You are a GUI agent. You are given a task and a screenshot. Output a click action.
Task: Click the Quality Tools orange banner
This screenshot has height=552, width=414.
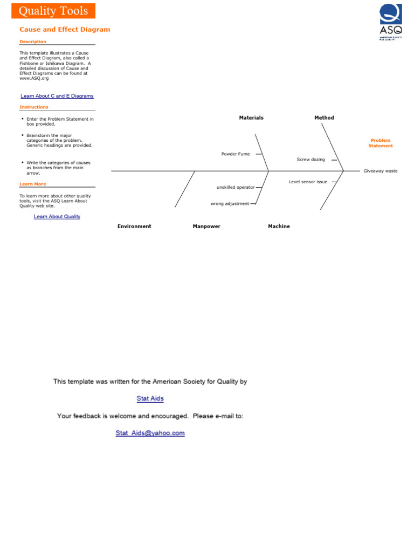53,11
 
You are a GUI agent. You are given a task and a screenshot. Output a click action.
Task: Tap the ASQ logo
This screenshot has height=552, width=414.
391,22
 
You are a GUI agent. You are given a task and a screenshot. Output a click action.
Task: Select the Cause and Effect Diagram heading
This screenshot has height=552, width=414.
65,30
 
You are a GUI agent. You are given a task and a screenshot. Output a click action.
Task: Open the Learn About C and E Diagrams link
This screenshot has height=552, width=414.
57,96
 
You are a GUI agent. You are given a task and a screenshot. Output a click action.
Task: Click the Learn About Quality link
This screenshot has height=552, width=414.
57,217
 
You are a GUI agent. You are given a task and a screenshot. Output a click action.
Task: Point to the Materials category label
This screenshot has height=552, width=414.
251,118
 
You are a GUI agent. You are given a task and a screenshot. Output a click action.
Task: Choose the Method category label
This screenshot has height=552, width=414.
324,118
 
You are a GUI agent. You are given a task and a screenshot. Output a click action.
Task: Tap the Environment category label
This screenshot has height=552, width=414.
134,226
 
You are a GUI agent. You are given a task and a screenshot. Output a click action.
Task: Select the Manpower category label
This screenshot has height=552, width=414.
206,226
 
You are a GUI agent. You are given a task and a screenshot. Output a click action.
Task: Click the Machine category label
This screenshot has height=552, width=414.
279,226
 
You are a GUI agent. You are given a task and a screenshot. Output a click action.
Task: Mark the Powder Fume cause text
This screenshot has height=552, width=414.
236,154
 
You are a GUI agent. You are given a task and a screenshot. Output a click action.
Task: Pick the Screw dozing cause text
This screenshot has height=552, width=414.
311,160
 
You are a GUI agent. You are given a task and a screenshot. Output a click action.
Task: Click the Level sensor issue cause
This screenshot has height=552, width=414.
308,182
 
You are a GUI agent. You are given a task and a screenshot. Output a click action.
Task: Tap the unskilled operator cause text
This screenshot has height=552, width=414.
236,187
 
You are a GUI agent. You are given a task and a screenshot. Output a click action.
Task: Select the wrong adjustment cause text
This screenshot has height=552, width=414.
230,204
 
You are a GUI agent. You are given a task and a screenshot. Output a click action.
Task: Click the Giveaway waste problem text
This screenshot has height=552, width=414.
380,171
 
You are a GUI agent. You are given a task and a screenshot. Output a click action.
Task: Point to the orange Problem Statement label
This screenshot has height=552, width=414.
381,143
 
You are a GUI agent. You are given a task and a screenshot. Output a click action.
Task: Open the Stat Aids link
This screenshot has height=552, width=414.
150,399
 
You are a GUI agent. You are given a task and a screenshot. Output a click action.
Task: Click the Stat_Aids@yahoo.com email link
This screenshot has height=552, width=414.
150,433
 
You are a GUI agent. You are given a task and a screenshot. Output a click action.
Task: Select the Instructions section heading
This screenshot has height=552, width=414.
34,107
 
